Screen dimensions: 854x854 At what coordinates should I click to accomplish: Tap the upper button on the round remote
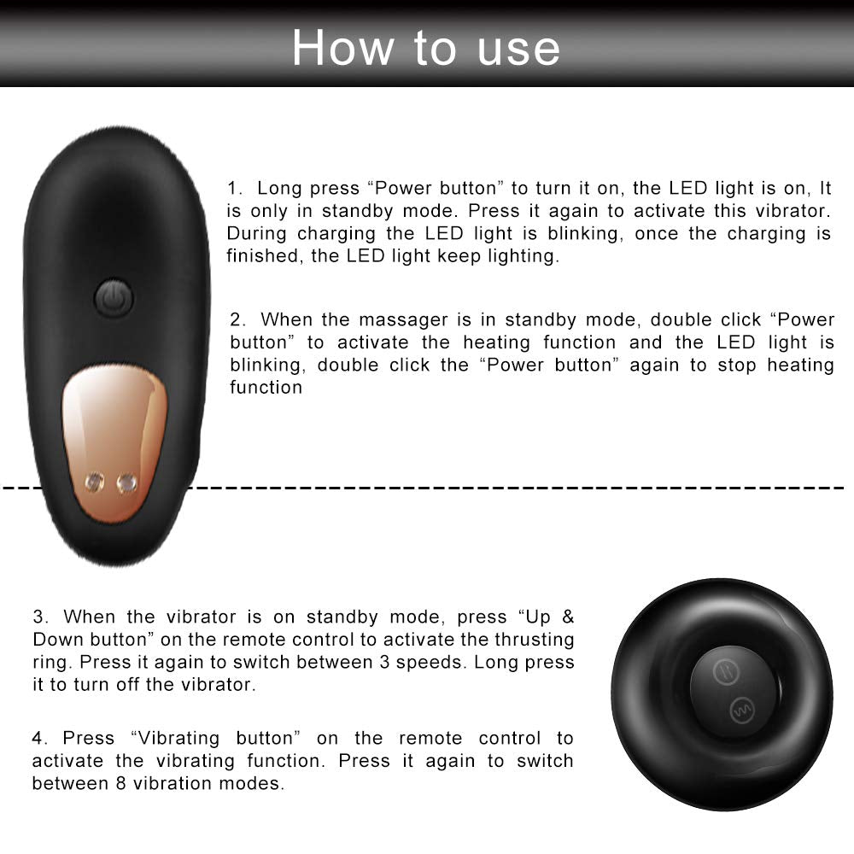pos(721,668)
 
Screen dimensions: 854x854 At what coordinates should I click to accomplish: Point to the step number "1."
pos(236,188)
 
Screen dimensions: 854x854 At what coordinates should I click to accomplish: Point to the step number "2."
pos(238,319)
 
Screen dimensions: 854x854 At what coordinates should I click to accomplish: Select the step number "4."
pos(41,738)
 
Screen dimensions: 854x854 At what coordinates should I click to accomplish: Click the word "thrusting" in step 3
pos(535,640)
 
